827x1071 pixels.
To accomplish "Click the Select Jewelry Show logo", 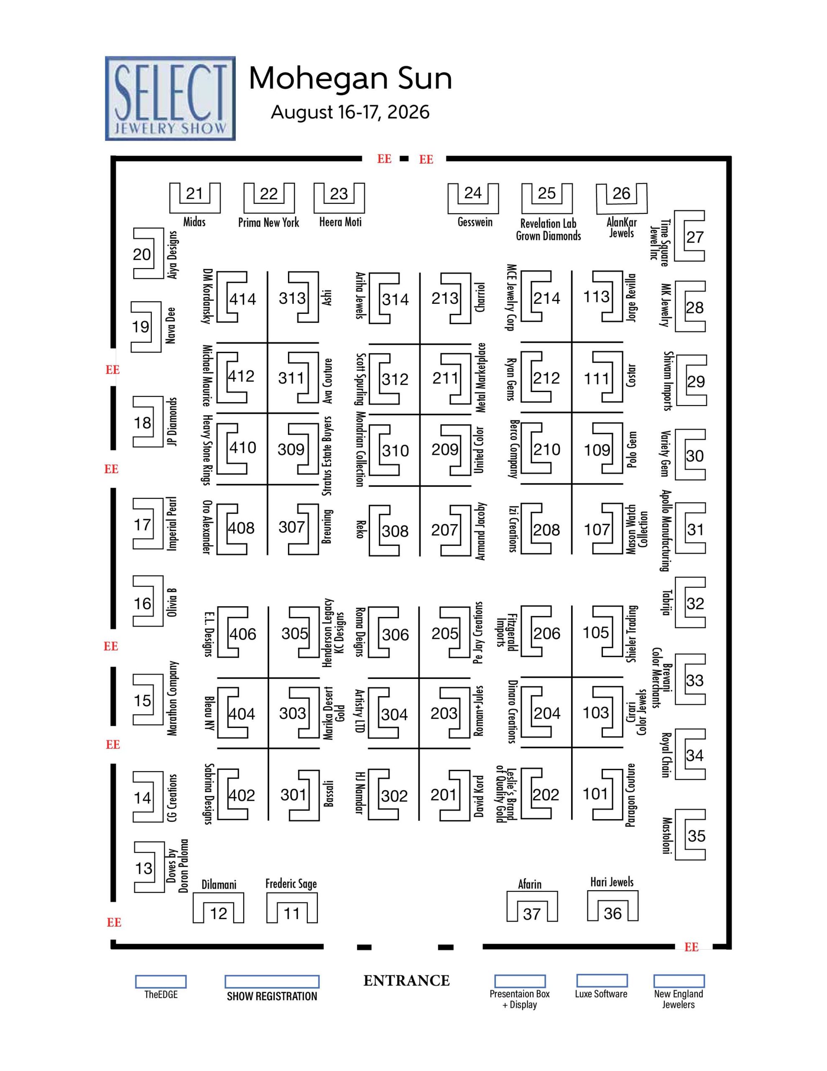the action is [170, 99].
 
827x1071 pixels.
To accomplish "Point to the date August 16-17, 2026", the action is [350, 112].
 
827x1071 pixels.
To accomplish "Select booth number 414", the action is [242, 299].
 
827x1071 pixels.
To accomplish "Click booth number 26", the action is [621, 193].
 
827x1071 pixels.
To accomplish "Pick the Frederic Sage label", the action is [291, 884].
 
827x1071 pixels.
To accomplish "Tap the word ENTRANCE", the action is [406, 981].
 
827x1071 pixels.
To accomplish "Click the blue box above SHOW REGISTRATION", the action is [272, 981].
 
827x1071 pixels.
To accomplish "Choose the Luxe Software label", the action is [601, 994].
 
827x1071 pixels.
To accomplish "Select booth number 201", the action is [444, 794].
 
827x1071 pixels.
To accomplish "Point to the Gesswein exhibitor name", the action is [475, 222].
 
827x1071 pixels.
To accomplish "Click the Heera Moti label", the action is [340, 222].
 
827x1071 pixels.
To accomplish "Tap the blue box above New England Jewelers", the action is [679, 981].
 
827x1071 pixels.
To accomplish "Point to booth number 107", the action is [597, 530].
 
